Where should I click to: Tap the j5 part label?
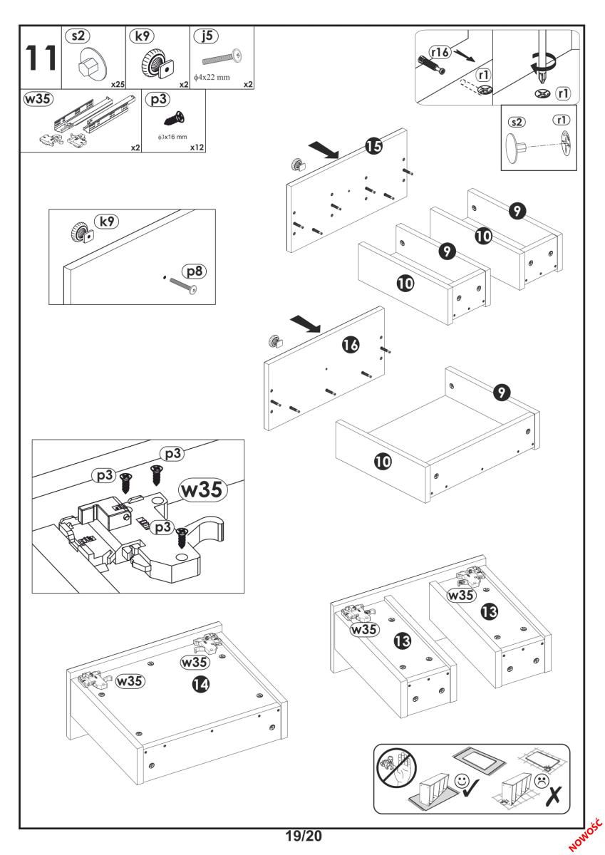pos(209,35)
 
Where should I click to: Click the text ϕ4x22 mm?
pos(211,78)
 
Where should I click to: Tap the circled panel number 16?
pos(350,346)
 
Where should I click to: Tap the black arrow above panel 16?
pos(305,326)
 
